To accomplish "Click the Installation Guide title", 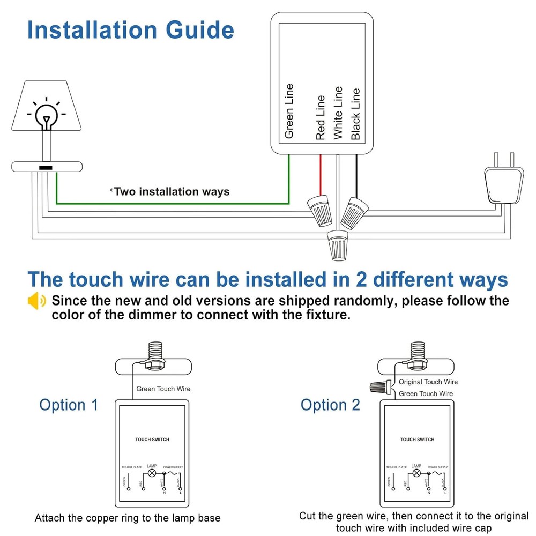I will pyautogui.click(x=130, y=30).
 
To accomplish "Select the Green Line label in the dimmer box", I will pyautogui.click(x=289, y=111).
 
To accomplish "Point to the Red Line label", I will pyautogui.click(x=321, y=118).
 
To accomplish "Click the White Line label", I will pyautogui.click(x=337, y=113).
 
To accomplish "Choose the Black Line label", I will pyautogui.click(x=355, y=115).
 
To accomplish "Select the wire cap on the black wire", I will pyautogui.click(x=354, y=211).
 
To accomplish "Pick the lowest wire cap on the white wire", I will pyautogui.click(x=338, y=244).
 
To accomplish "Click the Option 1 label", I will pyautogui.click(x=69, y=405).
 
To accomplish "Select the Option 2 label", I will pyautogui.click(x=330, y=405).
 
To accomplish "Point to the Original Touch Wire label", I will pyautogui.click(x=428, y=382).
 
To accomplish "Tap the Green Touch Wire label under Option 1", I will pyautogui.click(x=163, y=389).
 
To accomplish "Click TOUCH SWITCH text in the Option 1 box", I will pyautogui.click(x=152, y=440).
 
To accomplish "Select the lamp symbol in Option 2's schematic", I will pyautogui.click(x=416, y=474).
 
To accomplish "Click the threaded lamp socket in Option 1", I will pyautogui.click(x=152, y=354).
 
